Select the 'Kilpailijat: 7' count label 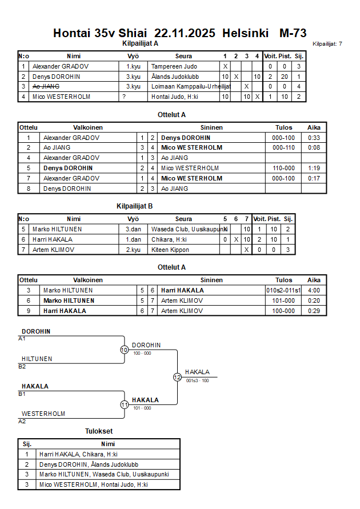327,43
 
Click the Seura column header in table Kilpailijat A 183,56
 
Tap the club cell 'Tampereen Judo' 174,66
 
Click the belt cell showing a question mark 124,97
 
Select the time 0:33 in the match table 314,138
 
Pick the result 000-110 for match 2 283,147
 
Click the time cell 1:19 314,168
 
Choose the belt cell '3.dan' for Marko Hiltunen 133,229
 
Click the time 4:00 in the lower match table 314,290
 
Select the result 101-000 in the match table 283,300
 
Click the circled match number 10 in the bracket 124,350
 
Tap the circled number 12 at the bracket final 177,377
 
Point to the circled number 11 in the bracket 124,404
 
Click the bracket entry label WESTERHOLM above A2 43,414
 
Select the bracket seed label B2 22,367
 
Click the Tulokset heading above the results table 99,432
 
